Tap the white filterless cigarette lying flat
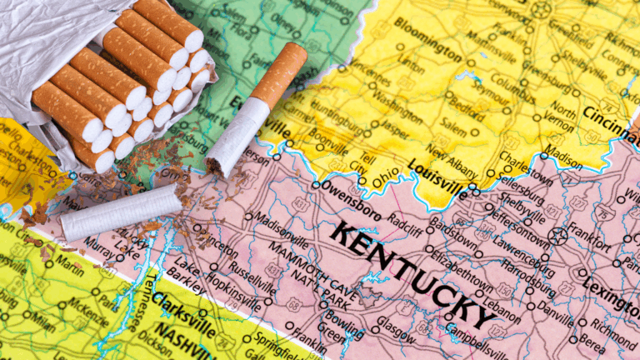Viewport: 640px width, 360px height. [x=121, y=212]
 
